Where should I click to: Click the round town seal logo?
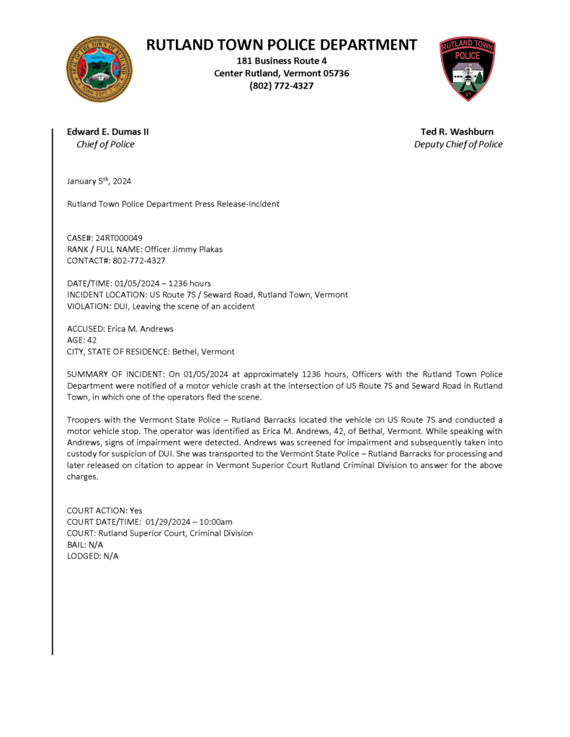pos(99,69)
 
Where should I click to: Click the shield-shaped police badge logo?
pos(468,69)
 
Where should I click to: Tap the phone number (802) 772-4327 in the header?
pos(281,86)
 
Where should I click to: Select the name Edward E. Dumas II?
pos(108,132)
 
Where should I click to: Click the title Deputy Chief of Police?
pos(458,144)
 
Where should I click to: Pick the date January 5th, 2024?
pos(99,181)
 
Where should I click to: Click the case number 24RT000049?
pos(119,238)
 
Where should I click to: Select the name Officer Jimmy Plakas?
pos(184,249)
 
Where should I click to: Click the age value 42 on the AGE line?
pos(92,340)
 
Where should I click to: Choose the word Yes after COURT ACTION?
pos(136,510)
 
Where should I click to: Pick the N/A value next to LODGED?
pos(110,556)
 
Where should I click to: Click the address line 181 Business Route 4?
pos(281,61)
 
